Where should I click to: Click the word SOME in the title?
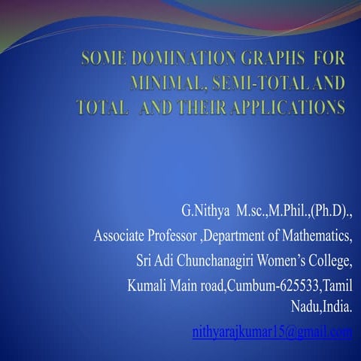pyautogui.click(x=102, y=58)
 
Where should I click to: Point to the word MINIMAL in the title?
pyautogui.click(x=167, y=83)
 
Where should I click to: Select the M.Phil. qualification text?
pyautogui.click(x=283, y=210)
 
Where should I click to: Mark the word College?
pyautogui.click(x=331, y=262)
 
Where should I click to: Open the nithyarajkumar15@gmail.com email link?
pyautogui.click(x=272, y=332)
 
